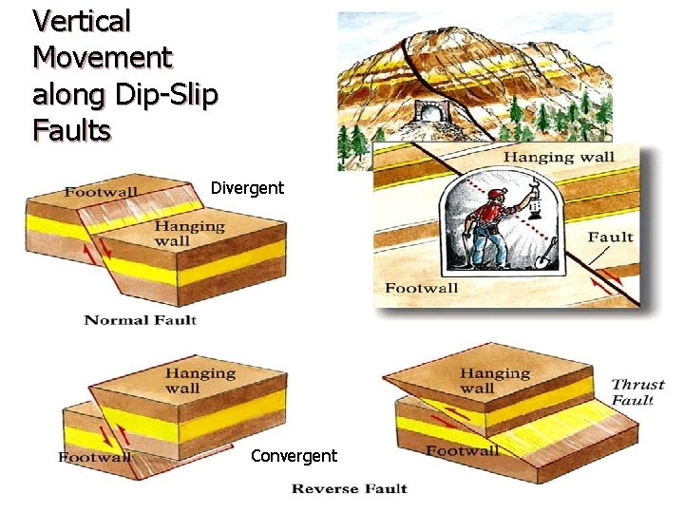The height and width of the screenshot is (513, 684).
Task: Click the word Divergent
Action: [247, 187]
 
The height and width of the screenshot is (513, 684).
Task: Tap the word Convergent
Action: [294, 456]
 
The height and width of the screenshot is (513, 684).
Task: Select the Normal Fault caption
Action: [141, 319]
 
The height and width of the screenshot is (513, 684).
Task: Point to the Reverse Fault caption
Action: [349, 488]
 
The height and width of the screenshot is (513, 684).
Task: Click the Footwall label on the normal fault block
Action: [102, 193]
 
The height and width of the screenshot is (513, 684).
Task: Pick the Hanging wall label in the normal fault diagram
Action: [189, 233]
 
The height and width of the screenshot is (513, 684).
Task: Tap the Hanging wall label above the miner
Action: [559, 157]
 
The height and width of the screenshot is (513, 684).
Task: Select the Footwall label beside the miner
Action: [422, 288]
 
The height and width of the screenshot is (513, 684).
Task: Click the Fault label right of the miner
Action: [610, 237]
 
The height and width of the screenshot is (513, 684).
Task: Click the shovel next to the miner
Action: [549, 253]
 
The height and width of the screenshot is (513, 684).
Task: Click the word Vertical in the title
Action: [81, 20]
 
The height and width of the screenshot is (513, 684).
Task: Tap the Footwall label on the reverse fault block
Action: [95, 457]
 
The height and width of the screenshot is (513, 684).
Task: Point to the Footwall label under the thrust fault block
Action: [462, 450]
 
